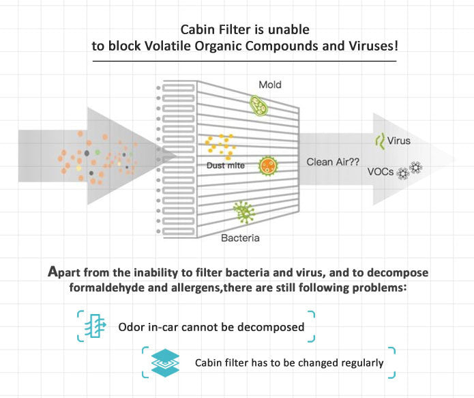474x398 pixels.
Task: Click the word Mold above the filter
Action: [x=269, y=85]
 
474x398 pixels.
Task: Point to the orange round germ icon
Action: [x=267, y=165]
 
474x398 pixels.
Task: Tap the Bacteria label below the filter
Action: [x=240, y=238]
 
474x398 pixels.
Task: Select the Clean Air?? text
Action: [x=334, y=162]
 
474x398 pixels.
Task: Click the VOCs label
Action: [x=381, y=172]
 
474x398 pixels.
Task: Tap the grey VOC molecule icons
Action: [x=409, y=171]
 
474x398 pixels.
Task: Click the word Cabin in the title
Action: [x=196, y=29]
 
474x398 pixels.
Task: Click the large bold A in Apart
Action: [x=54, y=271]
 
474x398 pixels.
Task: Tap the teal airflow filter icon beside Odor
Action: [x=94, y=326]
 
